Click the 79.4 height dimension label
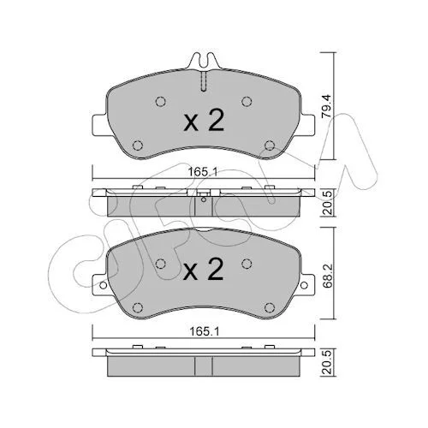tap(325, 106)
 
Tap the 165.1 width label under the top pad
tap(203, 172)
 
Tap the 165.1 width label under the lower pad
tap(205, 331)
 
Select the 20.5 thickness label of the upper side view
tap(325, 203)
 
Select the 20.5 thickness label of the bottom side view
tap(325, 362)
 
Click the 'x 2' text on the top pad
tap(204, 121)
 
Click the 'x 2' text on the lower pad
tap(204, 269)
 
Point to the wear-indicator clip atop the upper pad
tap(203, 61)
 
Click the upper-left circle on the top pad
tap(161, 102)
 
